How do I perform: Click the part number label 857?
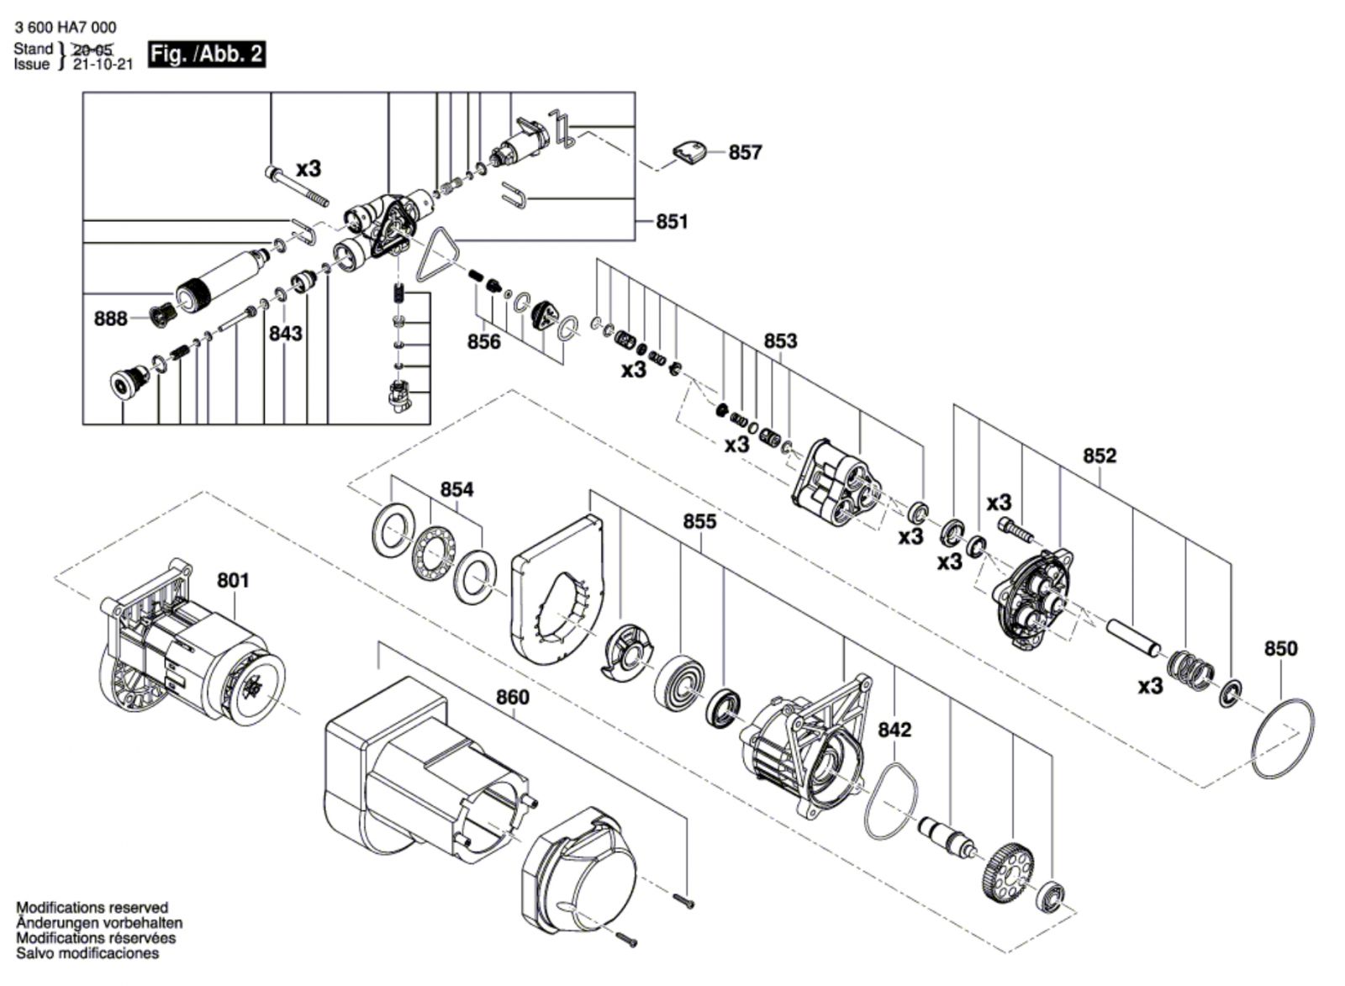pos(745,152)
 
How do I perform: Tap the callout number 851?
pos(672,222)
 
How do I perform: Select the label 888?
pos(110,319)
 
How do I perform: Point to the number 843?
pos(285,333)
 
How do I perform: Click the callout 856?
pos(484,341)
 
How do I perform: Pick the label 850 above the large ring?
pos(1281,649)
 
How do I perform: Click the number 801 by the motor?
pos(233,581)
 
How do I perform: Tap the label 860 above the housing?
pos(513,697)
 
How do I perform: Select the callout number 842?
pos(894,730)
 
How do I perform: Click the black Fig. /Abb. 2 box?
pos(207,54)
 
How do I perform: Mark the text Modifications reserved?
pos(92,907)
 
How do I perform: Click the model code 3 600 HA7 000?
pos(66,28)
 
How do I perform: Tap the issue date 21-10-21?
pos(103,64)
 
